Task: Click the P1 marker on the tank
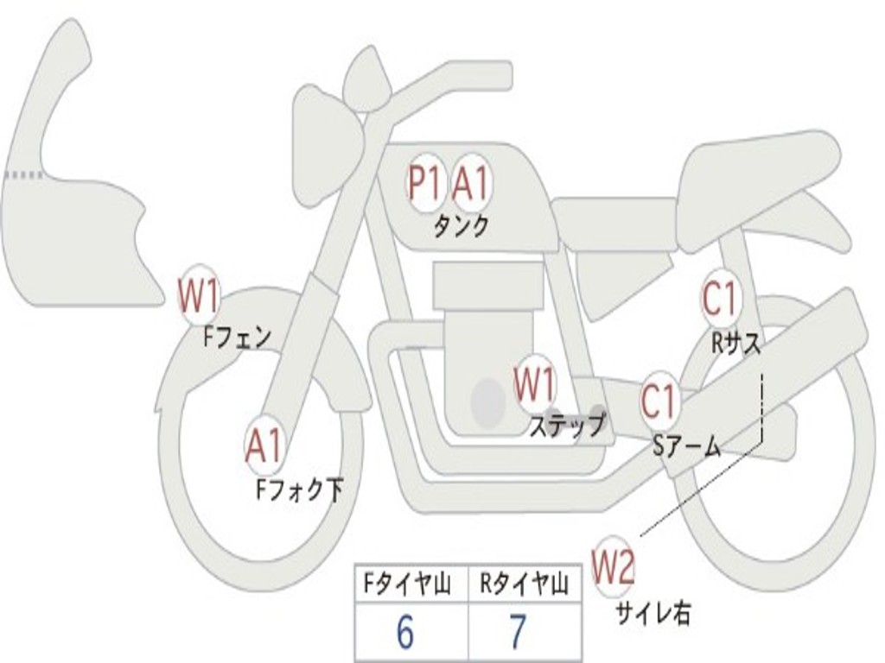point(425,183)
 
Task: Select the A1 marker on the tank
point(472,183)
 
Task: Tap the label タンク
point(461,226)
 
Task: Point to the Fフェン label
point(237,336)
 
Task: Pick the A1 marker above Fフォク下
point(264,446)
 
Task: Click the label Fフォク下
point(299,490)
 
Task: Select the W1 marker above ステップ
point(535,384)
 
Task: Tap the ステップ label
point(567,425)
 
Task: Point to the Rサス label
point(736,344)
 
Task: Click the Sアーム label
point(686,445)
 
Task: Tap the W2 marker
point(614,567)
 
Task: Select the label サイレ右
point(653,613)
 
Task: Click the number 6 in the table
point(404,634)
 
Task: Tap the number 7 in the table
point(518,634)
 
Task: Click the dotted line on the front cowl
point(23,174)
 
